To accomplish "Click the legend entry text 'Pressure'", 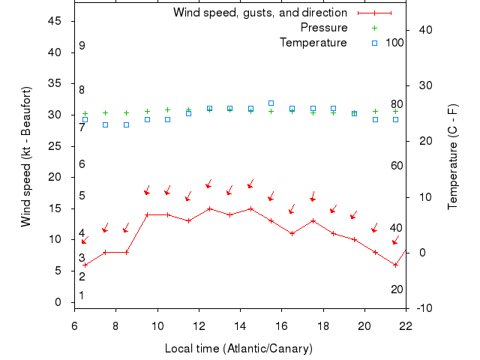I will [x=323, y=28].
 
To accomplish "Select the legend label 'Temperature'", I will [x=313, y=43].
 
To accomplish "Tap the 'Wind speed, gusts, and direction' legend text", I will [x=259, y=13].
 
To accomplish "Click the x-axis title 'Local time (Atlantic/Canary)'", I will [x=238, y=349].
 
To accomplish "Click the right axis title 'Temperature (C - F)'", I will [x=453, y=156].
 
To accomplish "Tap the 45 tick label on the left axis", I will [x=54, y=21].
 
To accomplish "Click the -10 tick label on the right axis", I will [x=423, y=308].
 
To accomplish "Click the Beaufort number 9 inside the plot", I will [x=82, y=46].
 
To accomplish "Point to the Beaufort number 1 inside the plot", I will [x=82, y=295].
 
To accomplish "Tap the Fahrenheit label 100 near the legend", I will [x=395, y=43].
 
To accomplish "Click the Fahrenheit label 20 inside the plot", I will [x=397, y=289].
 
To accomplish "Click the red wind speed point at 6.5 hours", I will [x=85, y=265].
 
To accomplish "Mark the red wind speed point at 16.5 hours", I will [x=292, y=233].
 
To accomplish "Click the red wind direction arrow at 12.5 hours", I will [x=209, y=184].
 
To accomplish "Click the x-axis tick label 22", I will [x=406, y=326].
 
